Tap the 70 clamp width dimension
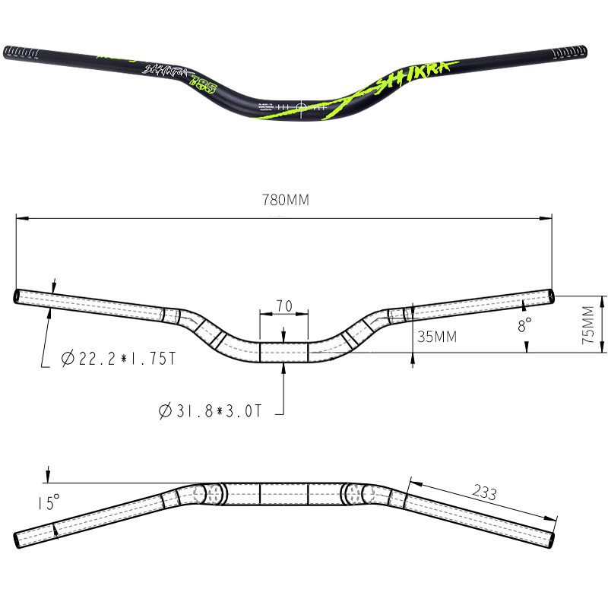pos(283,306)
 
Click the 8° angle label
pos(524,325)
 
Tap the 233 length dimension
pos(483,492)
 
